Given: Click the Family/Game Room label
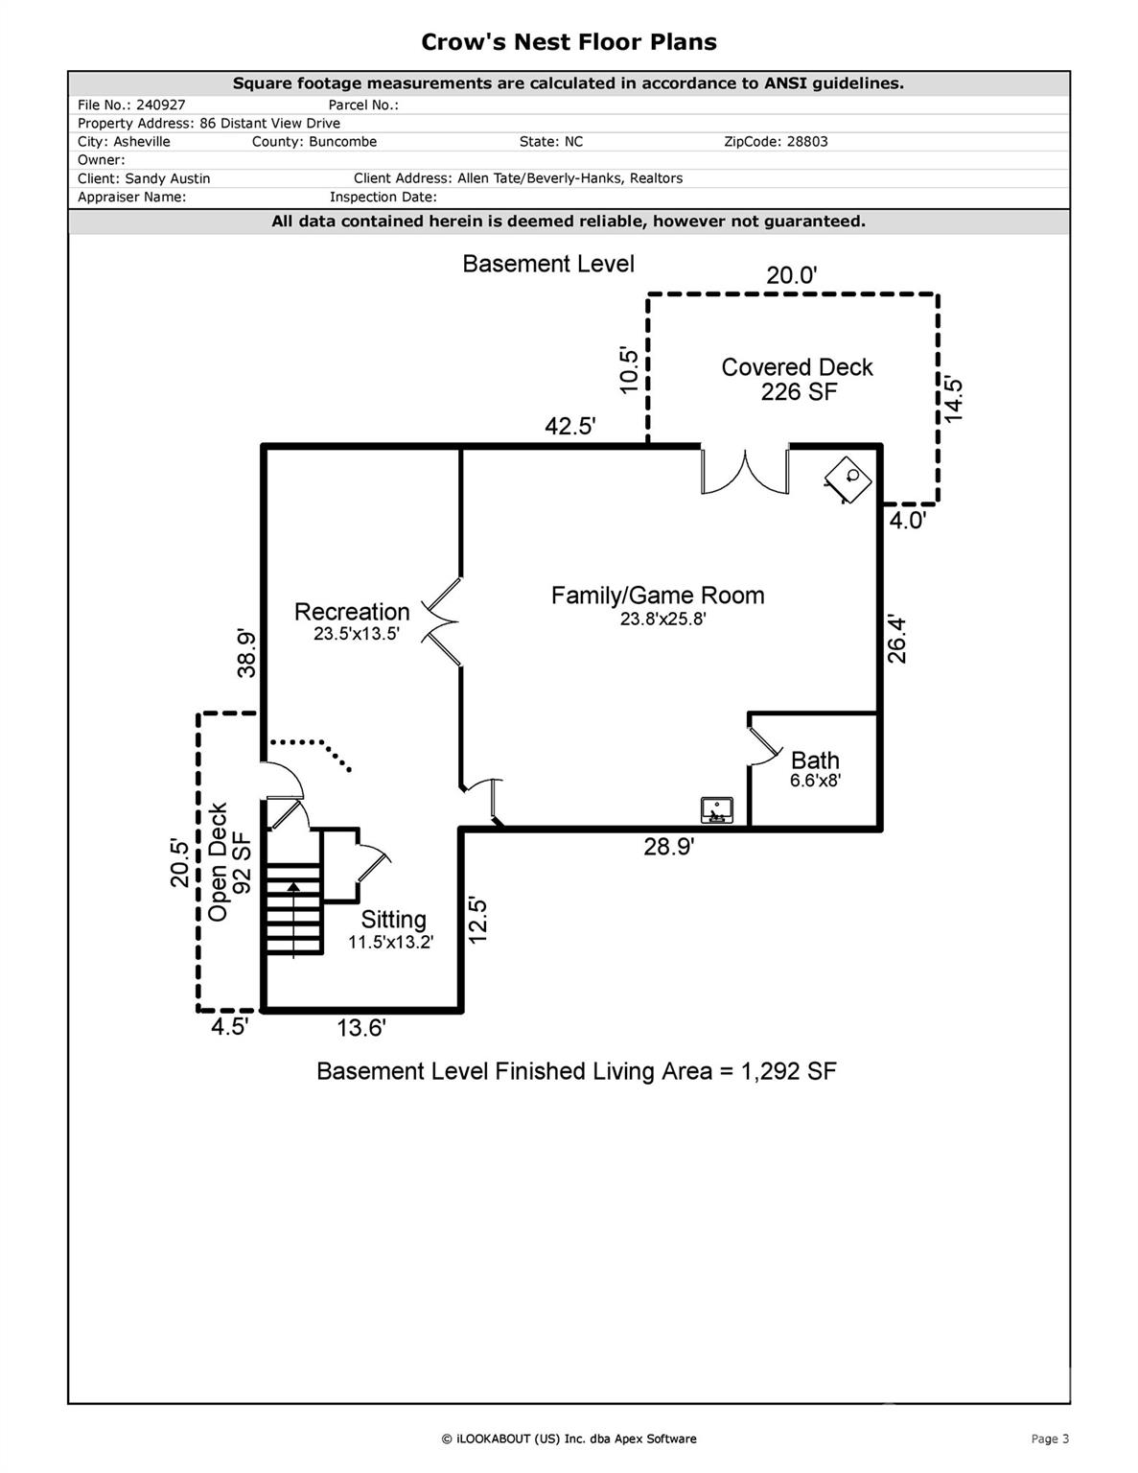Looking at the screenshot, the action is pyautogui.click(x=658, y=596).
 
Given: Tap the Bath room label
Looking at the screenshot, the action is pyautogui.click(x=815, y=760).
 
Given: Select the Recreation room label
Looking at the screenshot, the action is pyautogui.click(x=352, y=612).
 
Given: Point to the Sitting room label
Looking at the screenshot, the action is pyautogui.click(x=394, y=920).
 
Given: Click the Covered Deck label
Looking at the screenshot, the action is pyautogui.click(x=798, y=366).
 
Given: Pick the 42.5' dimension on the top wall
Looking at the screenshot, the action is pyautogui.click(x=570, y=427).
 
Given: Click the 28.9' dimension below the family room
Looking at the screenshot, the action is pyautogui.click(x=669, y=847).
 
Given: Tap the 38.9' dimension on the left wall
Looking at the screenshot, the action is pyautogui.click(x=246, y=654).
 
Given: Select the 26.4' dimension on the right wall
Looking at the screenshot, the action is pyautogui.click(x=896, y=640).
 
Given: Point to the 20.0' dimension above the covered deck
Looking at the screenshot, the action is pyautogui.click(x=792, y=275).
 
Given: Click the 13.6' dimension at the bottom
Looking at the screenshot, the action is pyautogui.click(x=361, y=1028).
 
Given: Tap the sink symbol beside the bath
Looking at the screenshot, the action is pyautogui.click(x=717, y=810).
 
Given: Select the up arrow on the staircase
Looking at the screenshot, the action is pyautogui.click(x=293, y=921).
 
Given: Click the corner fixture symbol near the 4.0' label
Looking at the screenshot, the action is pyautogui.click(x=848, y=479).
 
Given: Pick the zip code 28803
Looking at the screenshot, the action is pyautogui.click(x=806, y=142).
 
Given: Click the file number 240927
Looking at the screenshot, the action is pyautogui.click(x=160, y=105).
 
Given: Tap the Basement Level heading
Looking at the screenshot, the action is pyautogui.click(x=548, y=264).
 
